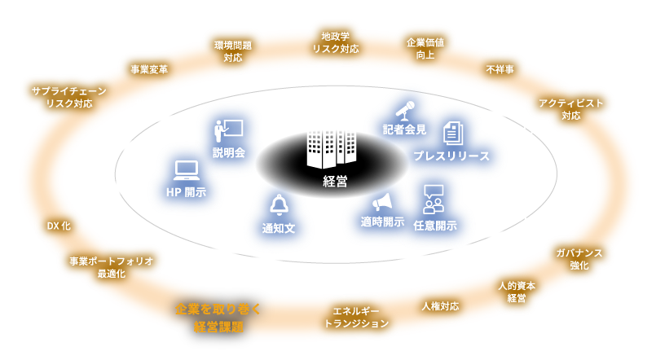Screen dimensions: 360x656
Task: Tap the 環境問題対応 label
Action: coord(232,50)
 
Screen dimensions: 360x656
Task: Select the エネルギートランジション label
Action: coord(356,317)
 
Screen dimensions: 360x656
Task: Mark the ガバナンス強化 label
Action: coord(579,258)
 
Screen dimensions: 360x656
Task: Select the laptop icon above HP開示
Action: coord(187,171)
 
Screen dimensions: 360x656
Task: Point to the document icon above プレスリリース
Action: coord(453,133)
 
